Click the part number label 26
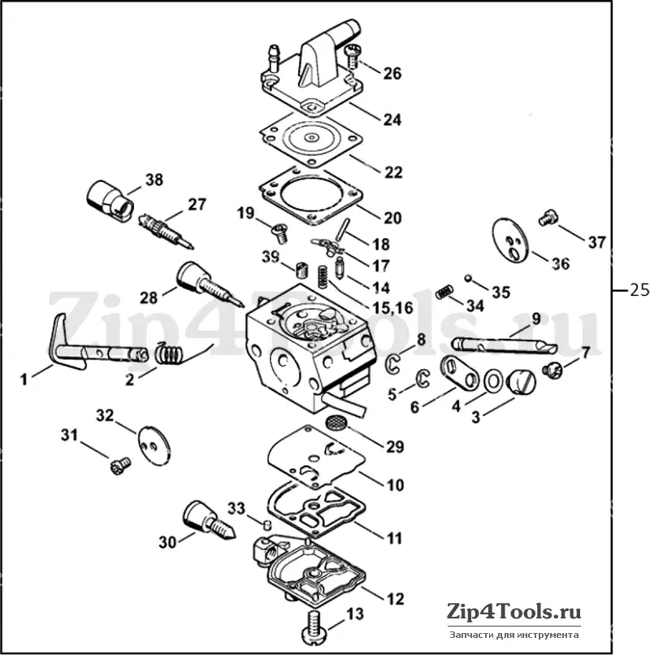[392, 73]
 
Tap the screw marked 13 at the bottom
[317, 627]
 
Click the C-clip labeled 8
[392, 362]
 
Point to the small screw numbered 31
[120, 465]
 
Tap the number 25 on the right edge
[639, 289]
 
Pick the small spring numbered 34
[445, 292]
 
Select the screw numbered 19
[279, 233]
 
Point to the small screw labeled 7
[552, 370]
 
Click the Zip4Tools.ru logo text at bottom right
[513, 612]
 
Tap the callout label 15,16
[392, 308]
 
